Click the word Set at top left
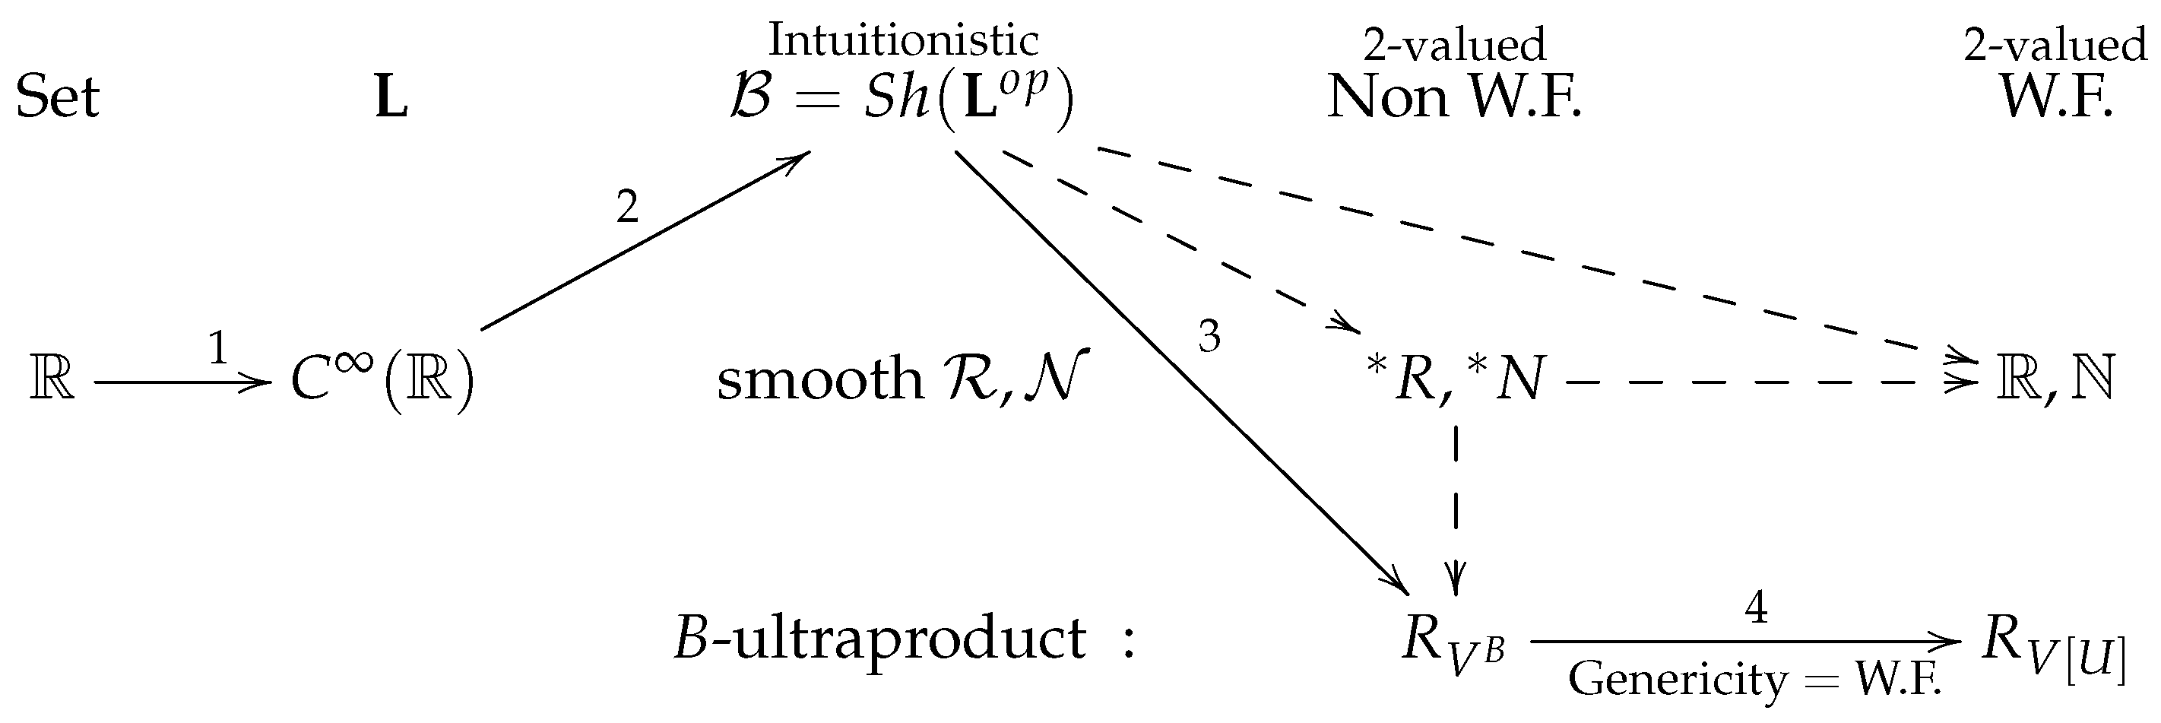(57, 97)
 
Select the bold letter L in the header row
(391, 99)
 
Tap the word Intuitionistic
(903, 40)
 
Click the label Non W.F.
(1454, 98)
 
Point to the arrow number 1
(218, 349)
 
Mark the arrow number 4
(1756, 607)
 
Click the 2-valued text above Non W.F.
(1454, 43)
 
